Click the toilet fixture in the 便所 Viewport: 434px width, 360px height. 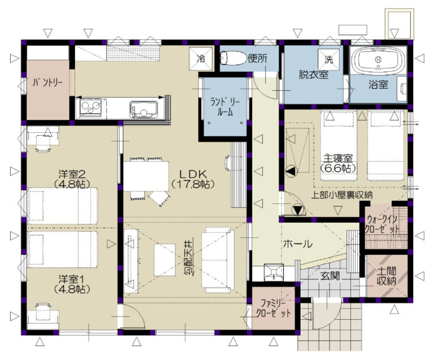coord(233,58)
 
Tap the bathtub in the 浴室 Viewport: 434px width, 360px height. coord(378,60)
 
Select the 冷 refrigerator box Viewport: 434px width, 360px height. coord(201,59)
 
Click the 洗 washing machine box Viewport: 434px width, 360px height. coord(328,59)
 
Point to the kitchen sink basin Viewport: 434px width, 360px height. coord(144,109)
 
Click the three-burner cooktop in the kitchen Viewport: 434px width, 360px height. coord(91,107)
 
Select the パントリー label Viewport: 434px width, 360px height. coord(47,82)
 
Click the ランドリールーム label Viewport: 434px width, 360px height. coord(225,107)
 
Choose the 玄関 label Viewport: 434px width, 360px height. coord(330,276)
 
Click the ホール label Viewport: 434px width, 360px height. coord(298,244)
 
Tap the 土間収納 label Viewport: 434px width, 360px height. coord(387,276)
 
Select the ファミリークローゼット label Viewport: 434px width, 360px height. coord(273,309)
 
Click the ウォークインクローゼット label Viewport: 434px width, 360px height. coord(382,225)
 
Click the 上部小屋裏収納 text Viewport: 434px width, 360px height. coord(342,195)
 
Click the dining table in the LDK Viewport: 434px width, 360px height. coord(146,176)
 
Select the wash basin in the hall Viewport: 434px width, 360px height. coord(274,272)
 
